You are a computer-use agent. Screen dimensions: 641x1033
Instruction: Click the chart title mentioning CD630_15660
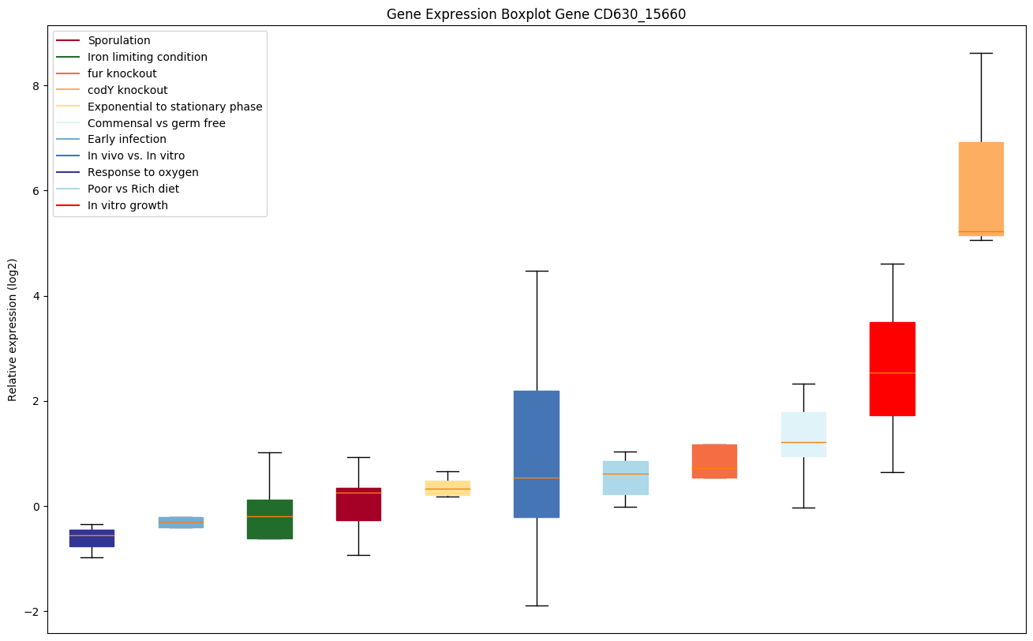[x=536, y=14]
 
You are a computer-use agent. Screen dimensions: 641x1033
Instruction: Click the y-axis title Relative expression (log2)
[x=13, y=329]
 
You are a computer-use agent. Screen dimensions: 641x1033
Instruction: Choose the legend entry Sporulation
[x=119, y=40]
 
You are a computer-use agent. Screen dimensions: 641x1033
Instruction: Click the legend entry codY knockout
[x=128, y=90]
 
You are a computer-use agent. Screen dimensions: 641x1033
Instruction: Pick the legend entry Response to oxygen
[x=143, y=172]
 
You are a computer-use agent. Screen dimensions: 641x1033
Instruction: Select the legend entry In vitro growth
[x=128, y=205]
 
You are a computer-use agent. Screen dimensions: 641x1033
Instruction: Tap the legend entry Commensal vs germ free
[x=156, y=123]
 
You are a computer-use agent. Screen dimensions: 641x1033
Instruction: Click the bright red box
[x=892, y=369]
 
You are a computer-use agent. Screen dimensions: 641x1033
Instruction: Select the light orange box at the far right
[x=981, y=189]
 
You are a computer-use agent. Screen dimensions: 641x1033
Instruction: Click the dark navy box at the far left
[x=92, y=538]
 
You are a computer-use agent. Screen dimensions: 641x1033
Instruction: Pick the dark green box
[x=270, y=519]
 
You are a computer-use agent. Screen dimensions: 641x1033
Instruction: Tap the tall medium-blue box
[x=537, y=454]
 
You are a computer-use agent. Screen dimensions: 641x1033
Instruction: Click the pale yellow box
[x=447, y=488]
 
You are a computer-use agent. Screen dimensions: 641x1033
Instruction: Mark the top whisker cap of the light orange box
[x=981, y=53]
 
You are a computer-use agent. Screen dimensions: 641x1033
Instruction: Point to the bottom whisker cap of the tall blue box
[x=537, y=605]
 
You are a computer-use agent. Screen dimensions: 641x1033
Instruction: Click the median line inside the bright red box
[x=892, y=373]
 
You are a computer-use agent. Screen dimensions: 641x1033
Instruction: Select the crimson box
[x=358, y=504]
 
